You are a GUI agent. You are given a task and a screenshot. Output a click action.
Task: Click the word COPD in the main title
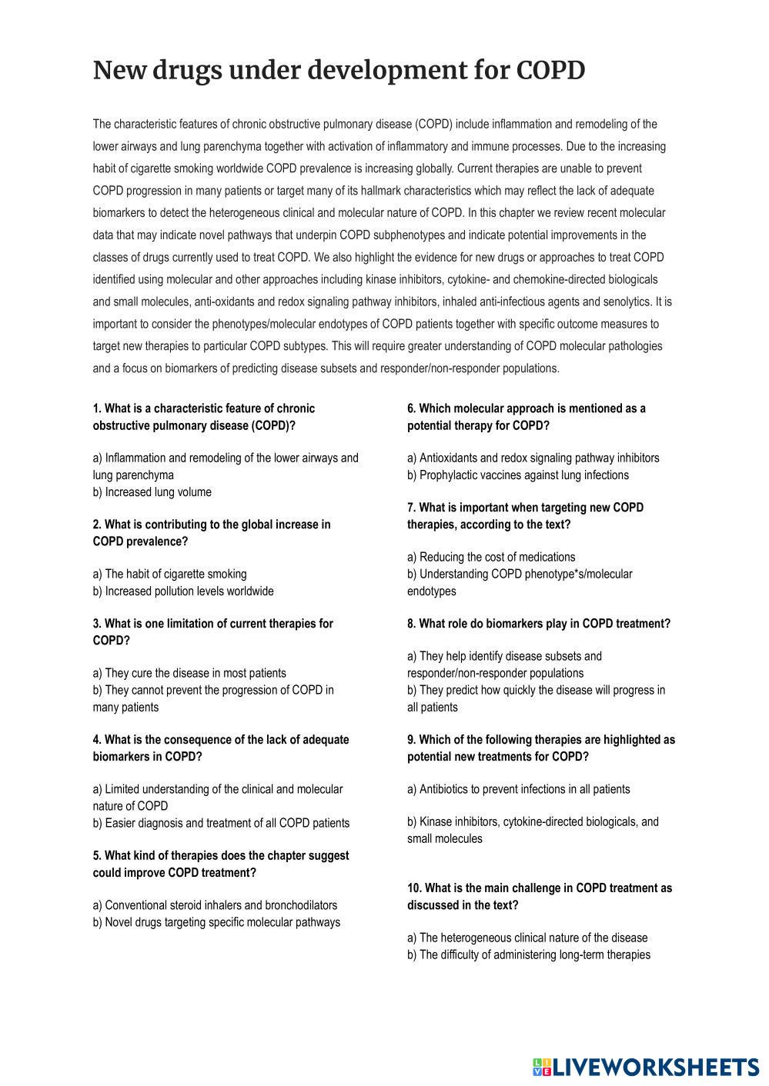(x=550, y=71)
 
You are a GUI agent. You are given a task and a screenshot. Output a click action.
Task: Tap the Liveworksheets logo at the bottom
(x=645, y=1067)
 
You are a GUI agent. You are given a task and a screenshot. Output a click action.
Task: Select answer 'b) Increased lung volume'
(x=152, y=492)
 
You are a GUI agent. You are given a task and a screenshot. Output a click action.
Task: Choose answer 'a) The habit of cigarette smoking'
(x=170, y=574)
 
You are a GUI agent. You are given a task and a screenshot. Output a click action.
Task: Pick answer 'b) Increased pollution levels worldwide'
(x=183, y=591)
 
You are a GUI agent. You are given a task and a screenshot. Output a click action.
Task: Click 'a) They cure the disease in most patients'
(x=189, y=673)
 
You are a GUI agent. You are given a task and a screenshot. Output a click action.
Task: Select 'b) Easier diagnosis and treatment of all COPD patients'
(x=221, y=823)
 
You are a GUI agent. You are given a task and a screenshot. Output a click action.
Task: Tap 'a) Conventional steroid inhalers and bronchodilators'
(x=215, y=905)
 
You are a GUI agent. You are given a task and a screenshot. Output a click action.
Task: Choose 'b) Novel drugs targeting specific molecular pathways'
(x=216, y=922)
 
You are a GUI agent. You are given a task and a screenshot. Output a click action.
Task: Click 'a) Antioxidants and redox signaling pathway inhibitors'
(x=533, y=458)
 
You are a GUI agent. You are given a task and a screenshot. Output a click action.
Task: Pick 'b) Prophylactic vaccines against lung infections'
(x=517, y=475)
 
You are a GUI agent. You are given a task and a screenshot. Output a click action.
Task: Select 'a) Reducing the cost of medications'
(x=491, y=557)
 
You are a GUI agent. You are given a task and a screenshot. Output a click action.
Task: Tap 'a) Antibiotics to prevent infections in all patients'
(x=518, y=789)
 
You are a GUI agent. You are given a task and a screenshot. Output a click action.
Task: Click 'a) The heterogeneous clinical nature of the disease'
(x=527, y=938)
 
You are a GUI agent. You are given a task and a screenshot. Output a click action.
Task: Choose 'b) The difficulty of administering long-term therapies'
(x=529, y=955)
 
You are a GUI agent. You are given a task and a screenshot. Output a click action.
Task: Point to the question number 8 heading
(x=538, y=624)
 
